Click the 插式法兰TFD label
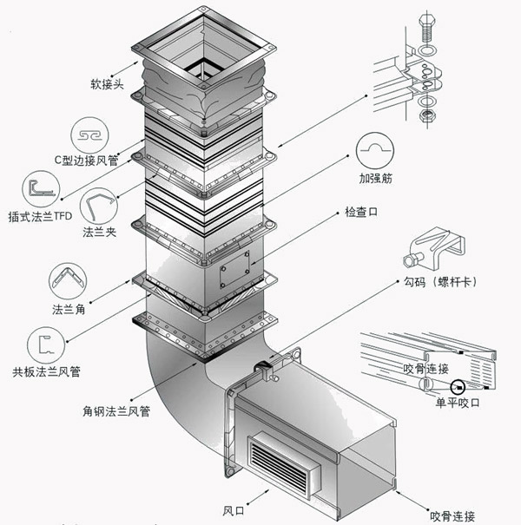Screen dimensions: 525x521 point(43,216)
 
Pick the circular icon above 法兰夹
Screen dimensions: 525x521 point(97,208)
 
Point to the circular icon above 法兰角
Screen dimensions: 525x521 point(67,284)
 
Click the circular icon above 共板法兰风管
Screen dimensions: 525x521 point(44,346)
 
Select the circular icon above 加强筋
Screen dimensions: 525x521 point(376,151)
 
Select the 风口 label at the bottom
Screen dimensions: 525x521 point(235,509)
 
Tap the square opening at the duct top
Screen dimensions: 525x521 point(203,66)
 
